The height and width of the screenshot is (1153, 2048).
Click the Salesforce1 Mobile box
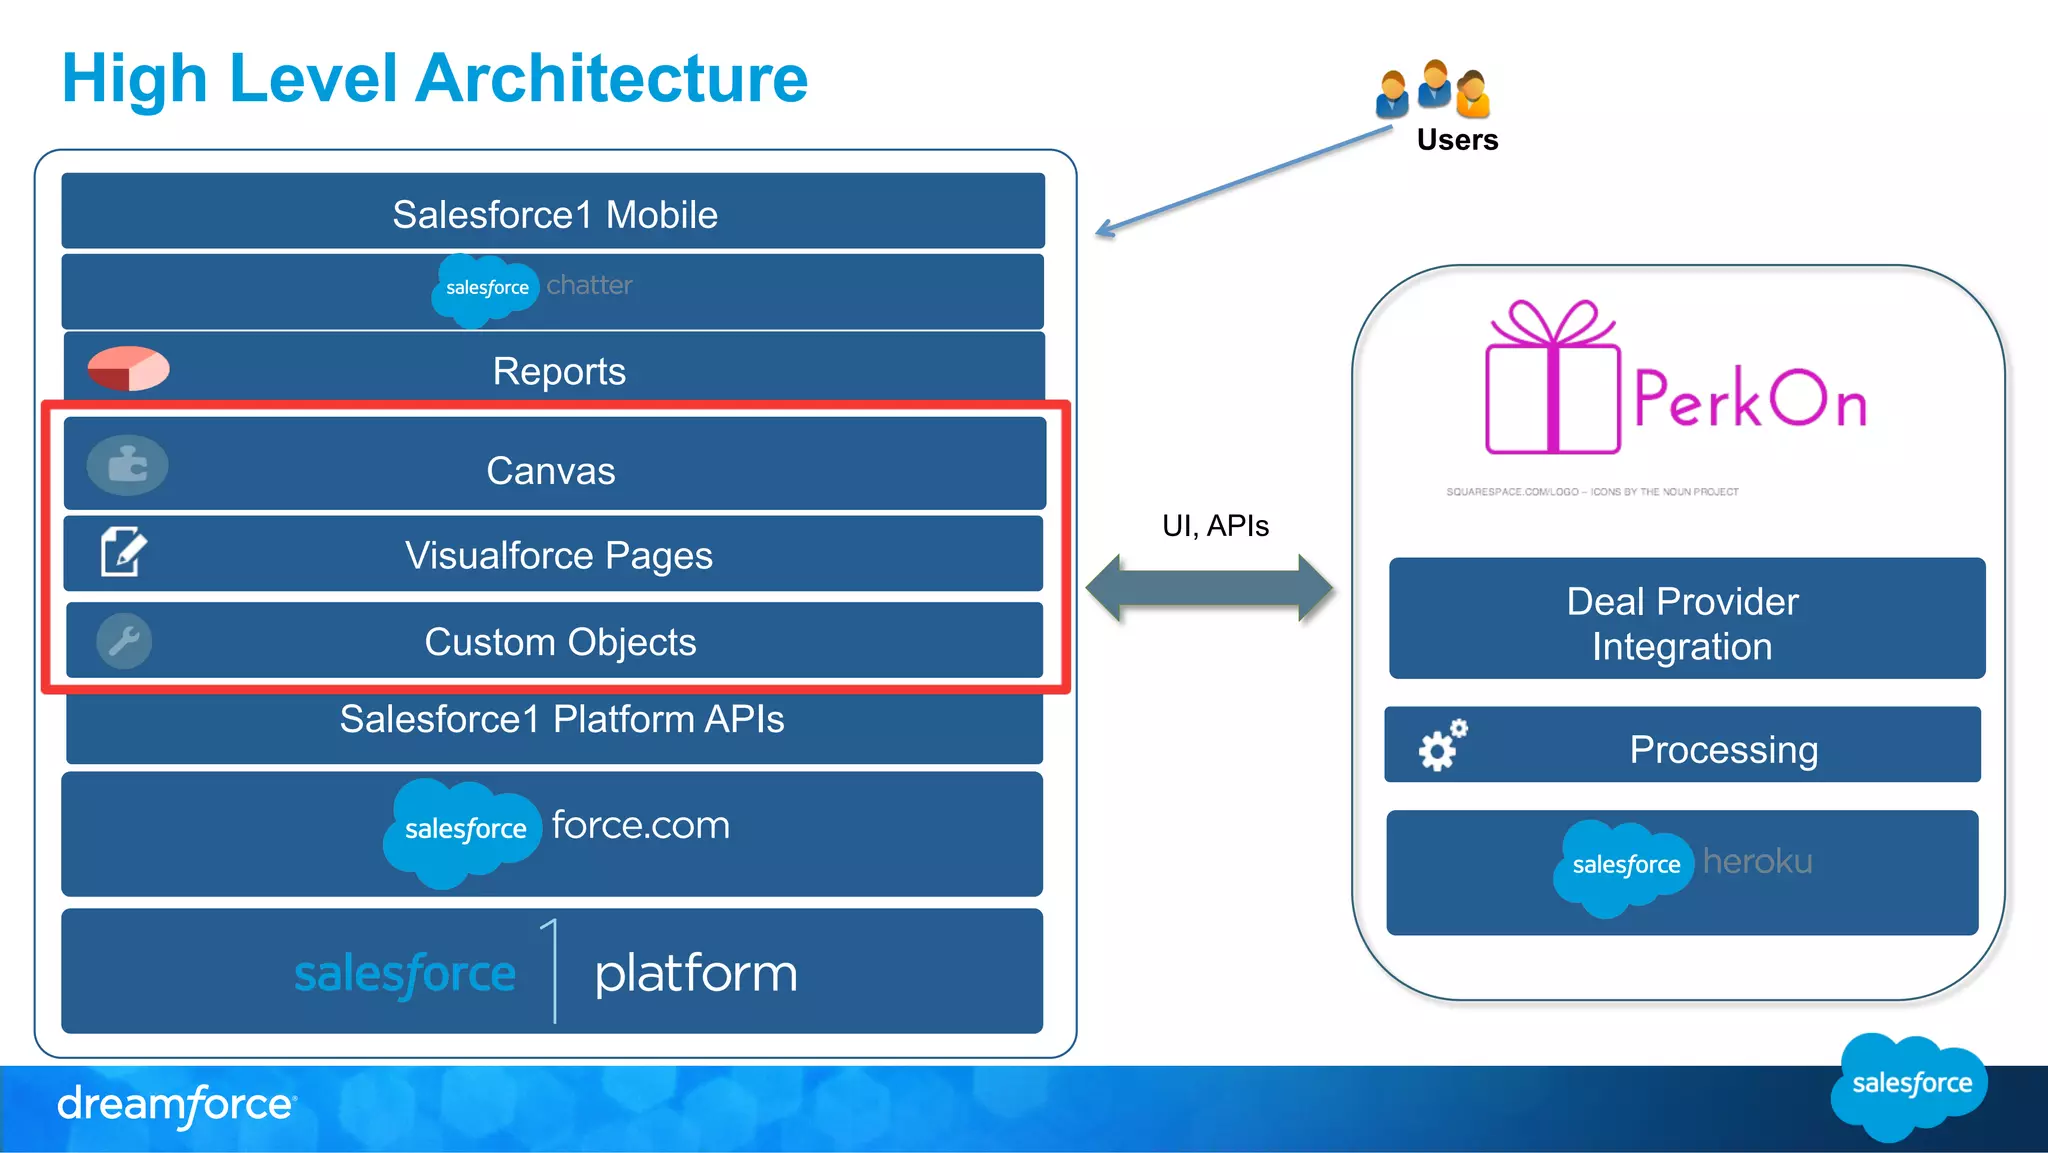553,212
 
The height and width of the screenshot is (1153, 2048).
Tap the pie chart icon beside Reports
128,368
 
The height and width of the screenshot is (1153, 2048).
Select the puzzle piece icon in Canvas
127,465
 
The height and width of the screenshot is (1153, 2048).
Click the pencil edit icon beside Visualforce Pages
124,551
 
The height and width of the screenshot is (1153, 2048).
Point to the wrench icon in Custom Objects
124,641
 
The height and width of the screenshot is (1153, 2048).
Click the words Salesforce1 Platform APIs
561,719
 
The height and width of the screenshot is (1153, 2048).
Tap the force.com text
640,825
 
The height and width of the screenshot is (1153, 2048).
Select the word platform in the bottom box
696,973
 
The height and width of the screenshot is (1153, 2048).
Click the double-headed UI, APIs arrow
1209,588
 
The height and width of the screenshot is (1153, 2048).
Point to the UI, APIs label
1215,526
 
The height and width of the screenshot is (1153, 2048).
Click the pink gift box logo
1551,380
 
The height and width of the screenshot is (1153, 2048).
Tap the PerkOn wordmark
1749,399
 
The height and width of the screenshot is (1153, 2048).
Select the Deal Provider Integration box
1686,619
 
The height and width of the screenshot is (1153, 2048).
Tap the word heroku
1757,861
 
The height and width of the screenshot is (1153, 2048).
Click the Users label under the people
1457,140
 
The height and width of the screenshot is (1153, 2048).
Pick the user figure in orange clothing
1473,94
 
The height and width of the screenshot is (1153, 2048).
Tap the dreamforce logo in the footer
176,1105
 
